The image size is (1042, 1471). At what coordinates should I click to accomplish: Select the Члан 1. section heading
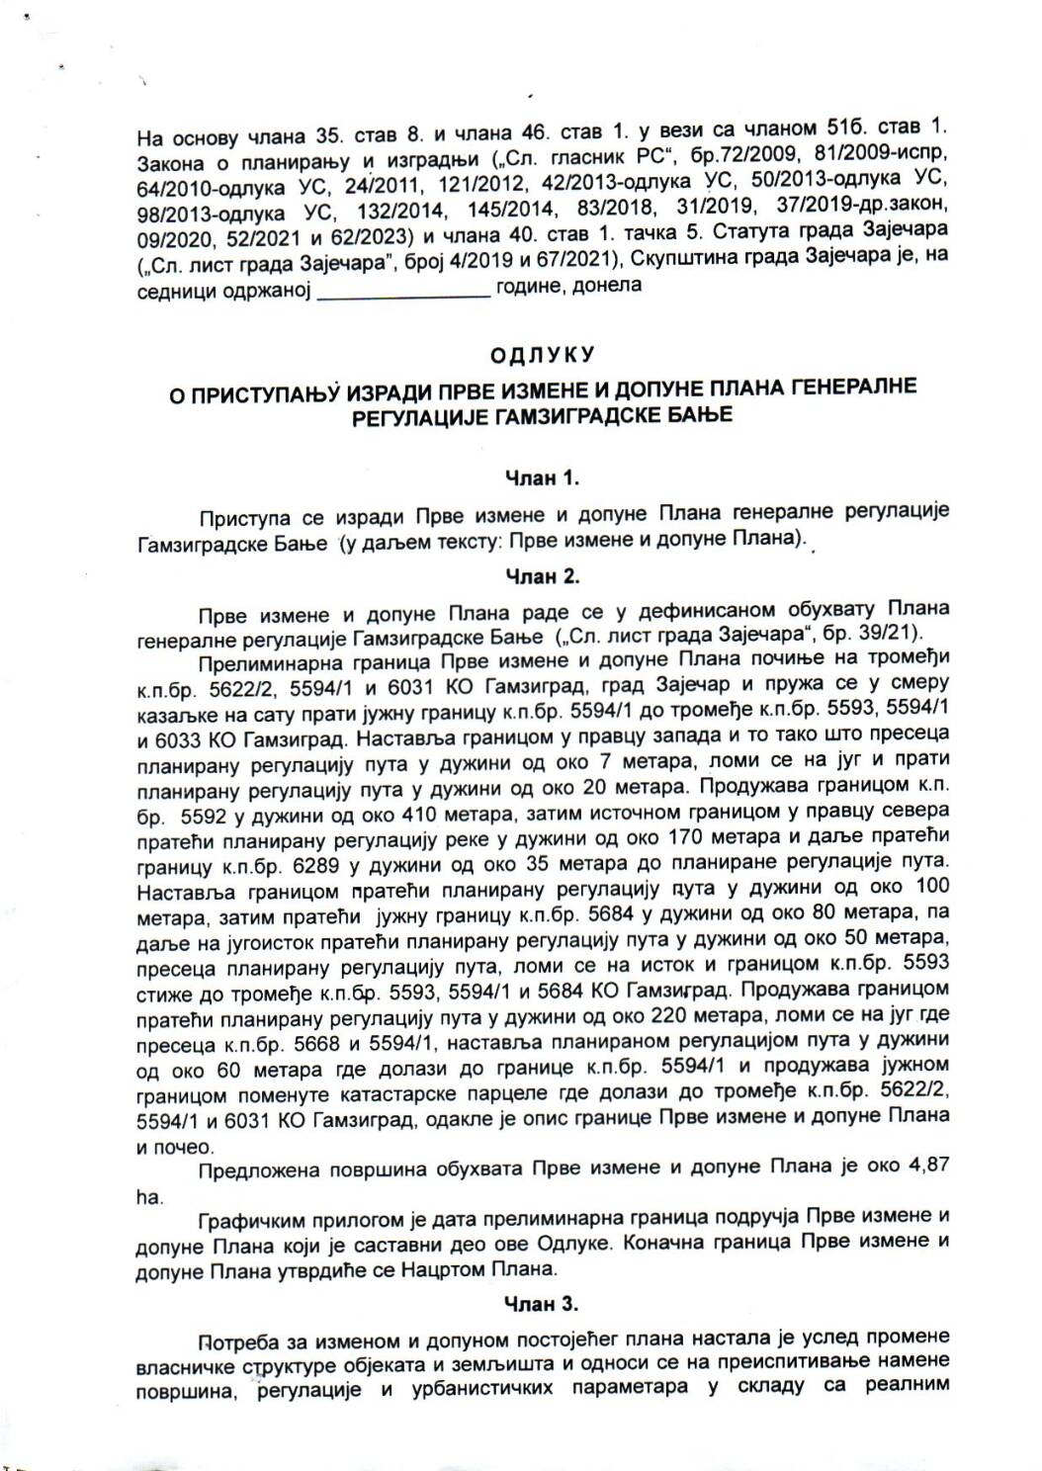542,478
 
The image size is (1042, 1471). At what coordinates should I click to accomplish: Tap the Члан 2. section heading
542,575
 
